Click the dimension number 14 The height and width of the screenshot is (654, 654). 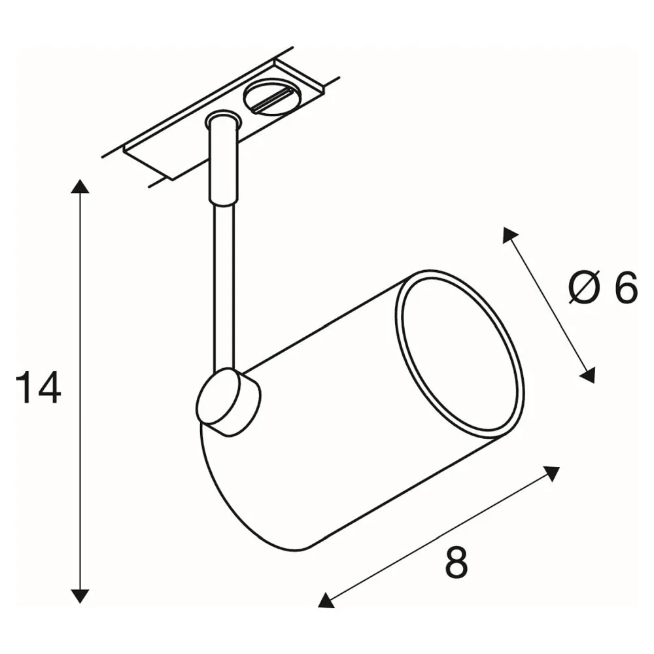(x=39, y=387)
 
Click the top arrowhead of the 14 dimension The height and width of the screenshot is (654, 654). (x=79, y=186)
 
